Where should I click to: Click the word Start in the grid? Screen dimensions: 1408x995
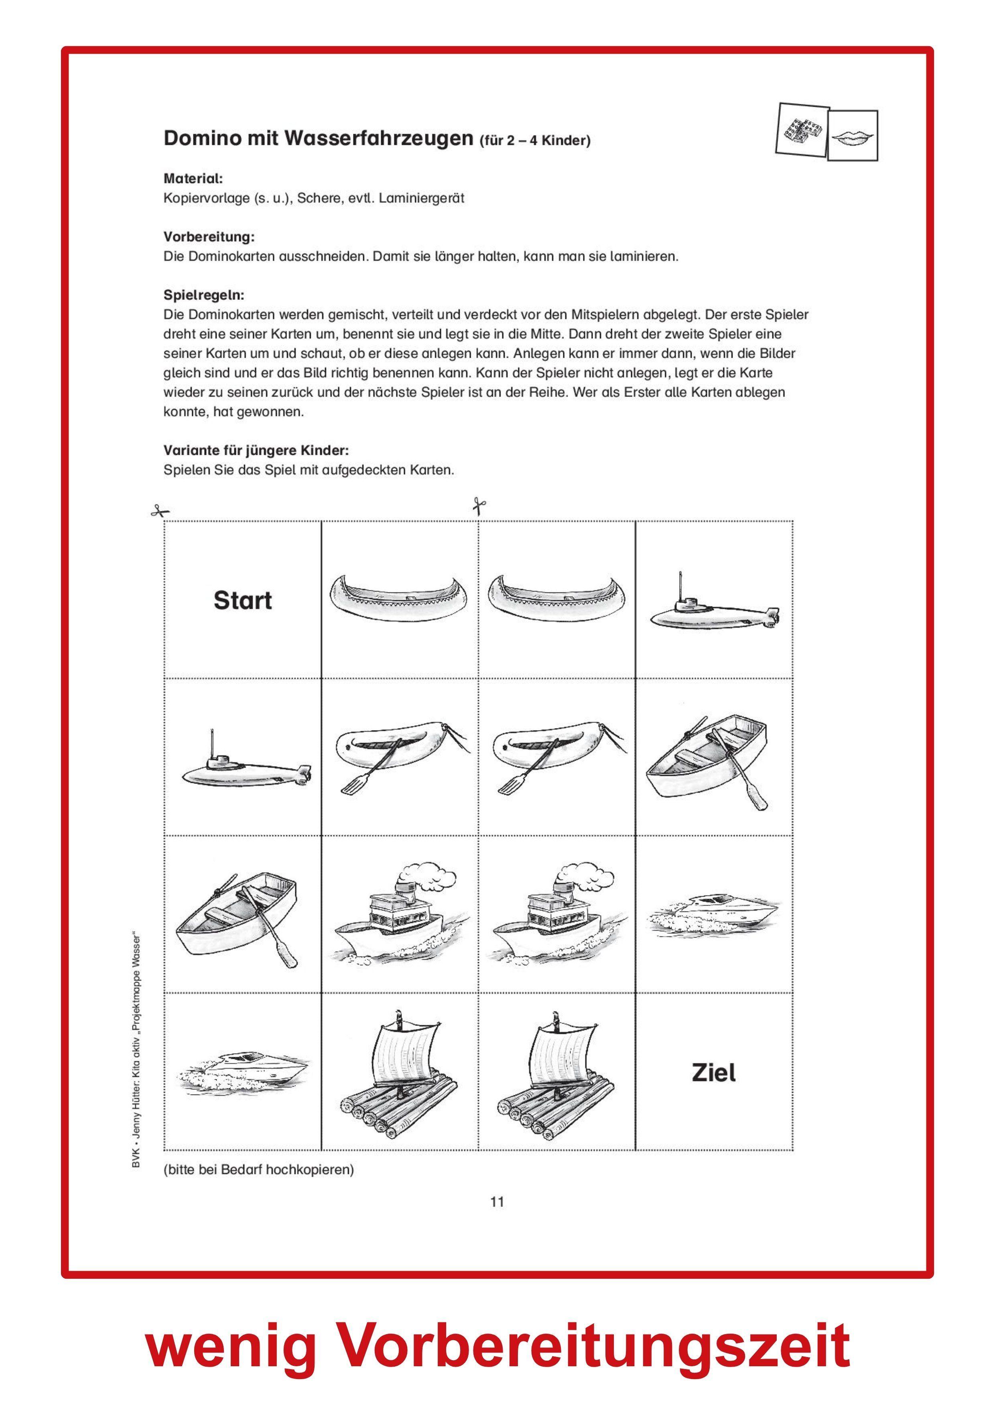point(242,600)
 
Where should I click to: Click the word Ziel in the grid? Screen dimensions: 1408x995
point(713,1072)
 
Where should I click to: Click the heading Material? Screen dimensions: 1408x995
point(193,179)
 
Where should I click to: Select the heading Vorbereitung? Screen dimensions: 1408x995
point(209,237)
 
